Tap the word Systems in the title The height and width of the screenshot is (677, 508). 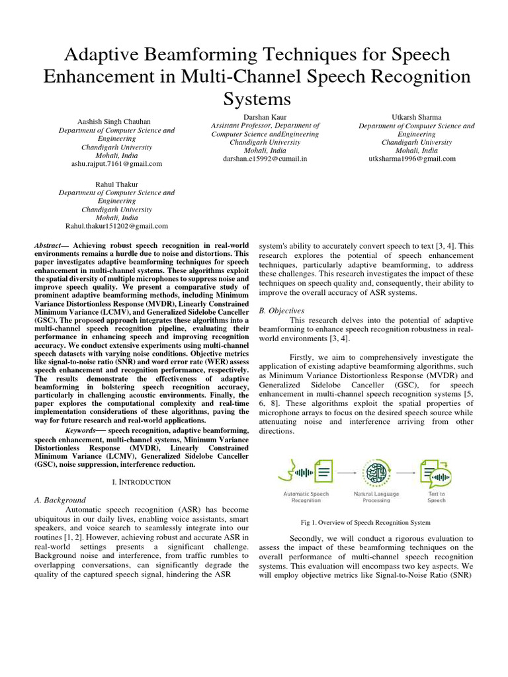tap(254, 99)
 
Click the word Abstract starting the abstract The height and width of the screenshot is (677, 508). tap(51, 245)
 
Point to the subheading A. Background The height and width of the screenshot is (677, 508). tap(60, 500)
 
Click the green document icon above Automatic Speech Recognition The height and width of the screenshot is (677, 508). tap(323, 473)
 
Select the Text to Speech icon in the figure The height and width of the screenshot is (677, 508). tap(435, 473)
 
